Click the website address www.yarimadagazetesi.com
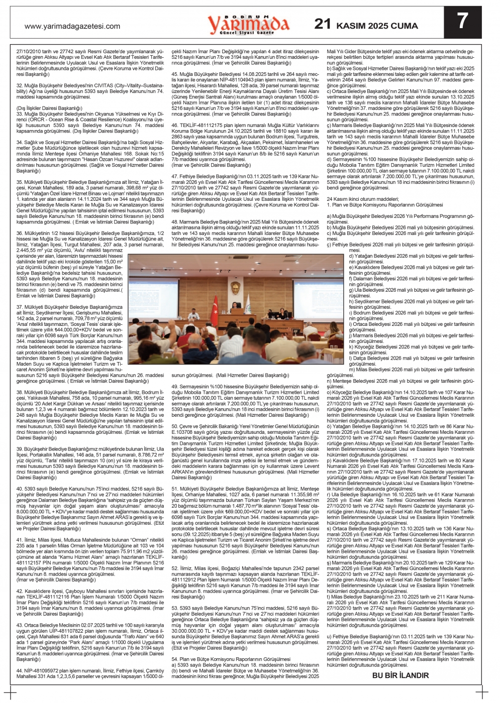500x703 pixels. (x=72, y=26)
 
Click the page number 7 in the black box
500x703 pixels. (x=462, y=21)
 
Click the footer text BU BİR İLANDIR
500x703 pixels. (x=401, y=675)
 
